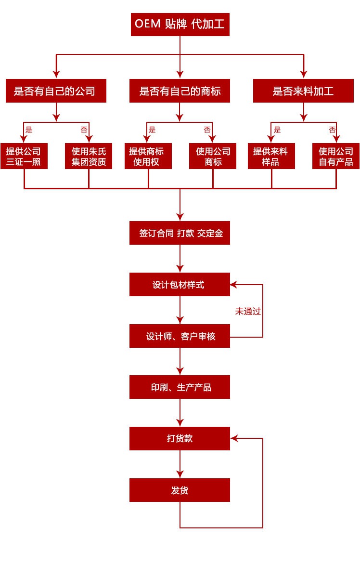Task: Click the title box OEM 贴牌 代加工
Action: click(180, 25)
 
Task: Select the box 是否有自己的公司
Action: click(56, 91)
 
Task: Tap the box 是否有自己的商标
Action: click(180, 91)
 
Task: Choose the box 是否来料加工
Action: click(303, 91)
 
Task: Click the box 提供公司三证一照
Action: click(24, 157)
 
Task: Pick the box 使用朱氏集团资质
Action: click(89, 157)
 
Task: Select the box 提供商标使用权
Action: click(148, 157)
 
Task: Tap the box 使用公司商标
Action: click(213, 157)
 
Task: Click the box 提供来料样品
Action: click(271, 157)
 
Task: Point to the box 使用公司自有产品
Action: click(336, 157)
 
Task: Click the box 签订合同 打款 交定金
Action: click(180, 233)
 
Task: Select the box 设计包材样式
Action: click(180, 285)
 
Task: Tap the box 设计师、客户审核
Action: click(180, 336)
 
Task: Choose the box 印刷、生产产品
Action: click(180, 387)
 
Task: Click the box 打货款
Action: click(180, 438)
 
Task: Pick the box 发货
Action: click(180, 490)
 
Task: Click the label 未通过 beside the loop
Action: click(248, 311)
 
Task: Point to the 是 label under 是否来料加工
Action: click(277, 130)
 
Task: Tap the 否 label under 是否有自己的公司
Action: click(84, 130)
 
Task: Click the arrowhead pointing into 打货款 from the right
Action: click(234, 438)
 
